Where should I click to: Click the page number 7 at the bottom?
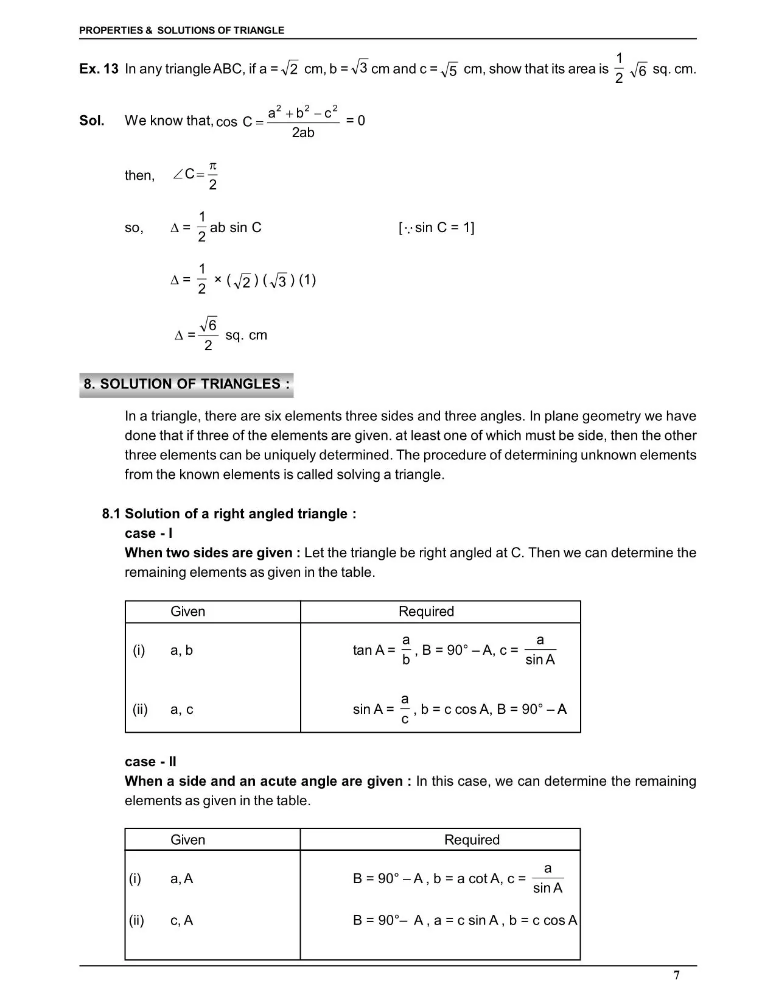coord(677,975)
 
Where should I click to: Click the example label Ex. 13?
coord(99,69)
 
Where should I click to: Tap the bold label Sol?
coord(92,121)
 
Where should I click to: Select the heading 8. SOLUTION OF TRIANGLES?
coord(186,384)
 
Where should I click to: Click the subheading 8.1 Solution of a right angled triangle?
coord(229,513)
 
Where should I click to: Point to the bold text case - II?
coord(150,761)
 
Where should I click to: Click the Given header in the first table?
coord(187,612)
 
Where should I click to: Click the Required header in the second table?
coord(472,840)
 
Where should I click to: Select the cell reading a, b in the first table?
coord(181,651)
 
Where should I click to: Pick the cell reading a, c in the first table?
coord(181,710)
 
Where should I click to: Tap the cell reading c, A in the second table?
coord(181,920)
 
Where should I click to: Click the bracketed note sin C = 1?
coord(436,228)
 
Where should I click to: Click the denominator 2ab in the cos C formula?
coord(303,133)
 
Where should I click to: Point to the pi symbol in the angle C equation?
coord(212,166)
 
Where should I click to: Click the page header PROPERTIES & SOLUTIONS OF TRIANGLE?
coord(181,30)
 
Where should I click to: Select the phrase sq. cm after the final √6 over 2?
coord(246,336)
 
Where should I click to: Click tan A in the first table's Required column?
coord(369,651)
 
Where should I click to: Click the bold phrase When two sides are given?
coord(212,553)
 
